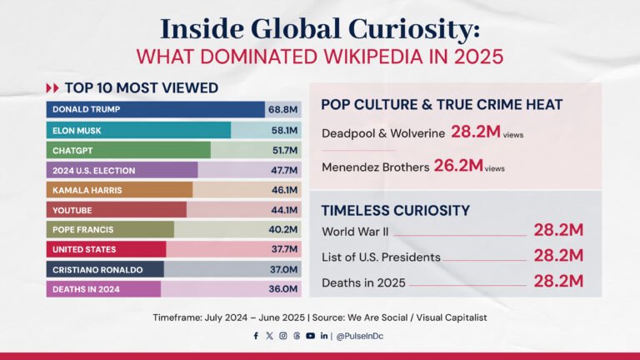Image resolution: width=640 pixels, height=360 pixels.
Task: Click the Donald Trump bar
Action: pos(155,109)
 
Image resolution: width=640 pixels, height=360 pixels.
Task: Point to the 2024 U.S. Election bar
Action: pos(122,170)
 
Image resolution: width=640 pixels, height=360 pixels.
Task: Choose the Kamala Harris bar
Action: pos(119,190)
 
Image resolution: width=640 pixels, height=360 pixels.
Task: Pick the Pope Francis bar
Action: pos(110,230)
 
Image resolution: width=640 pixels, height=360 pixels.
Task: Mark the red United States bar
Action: pos(106,249)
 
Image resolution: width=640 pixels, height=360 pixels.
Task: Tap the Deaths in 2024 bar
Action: pos(103,289)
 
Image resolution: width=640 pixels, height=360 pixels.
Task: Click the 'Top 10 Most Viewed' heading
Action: pos(142,87)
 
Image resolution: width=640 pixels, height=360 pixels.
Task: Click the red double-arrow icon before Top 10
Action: pos(52,87)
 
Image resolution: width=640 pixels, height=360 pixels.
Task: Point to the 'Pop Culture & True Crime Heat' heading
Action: pos(442,104)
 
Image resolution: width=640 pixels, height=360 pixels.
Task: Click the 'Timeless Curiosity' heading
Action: pos(395,210)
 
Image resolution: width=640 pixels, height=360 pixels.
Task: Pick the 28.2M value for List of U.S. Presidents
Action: pos(558,256)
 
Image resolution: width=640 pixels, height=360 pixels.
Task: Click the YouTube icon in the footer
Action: pos(310,336)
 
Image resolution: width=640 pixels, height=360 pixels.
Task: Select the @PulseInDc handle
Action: pos(362,336)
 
